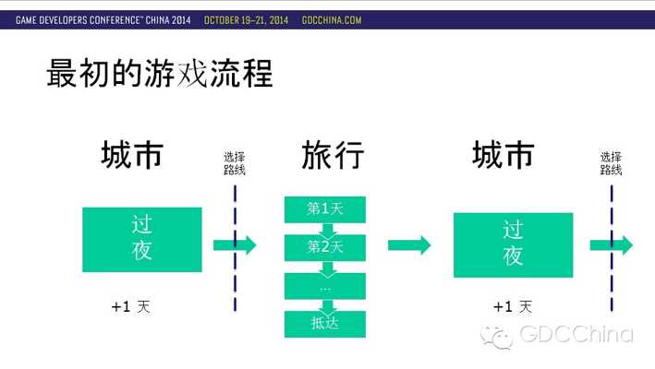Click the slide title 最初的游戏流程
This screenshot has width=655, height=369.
160,74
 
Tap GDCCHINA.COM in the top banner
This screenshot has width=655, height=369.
332,20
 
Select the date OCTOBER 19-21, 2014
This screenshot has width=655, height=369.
246,20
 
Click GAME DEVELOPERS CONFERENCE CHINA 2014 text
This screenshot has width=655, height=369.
103,20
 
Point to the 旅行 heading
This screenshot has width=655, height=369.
333,155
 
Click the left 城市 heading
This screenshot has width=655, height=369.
132,155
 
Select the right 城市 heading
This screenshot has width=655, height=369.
503,155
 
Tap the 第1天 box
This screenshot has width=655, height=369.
325,209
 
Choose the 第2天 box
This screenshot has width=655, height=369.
325,247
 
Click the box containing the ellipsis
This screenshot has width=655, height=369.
325,286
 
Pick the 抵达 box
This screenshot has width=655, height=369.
325,324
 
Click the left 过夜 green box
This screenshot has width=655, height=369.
142,240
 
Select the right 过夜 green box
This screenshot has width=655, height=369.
514,245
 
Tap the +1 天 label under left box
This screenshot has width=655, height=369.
131,307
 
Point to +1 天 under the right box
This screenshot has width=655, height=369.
513,307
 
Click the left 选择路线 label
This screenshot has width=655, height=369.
235,163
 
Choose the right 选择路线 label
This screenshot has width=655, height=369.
612,163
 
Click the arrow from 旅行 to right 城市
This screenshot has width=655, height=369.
409,245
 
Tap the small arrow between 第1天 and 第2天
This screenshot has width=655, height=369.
328,230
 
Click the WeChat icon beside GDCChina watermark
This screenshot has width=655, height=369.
497,337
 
